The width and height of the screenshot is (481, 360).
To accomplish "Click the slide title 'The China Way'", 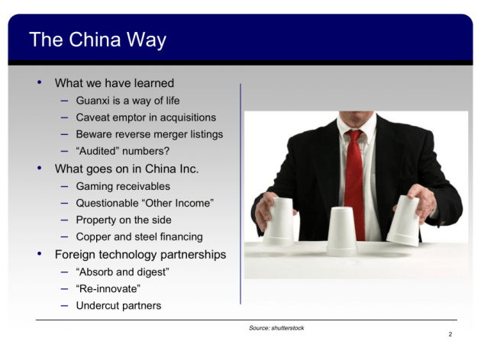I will (x=97, y=40).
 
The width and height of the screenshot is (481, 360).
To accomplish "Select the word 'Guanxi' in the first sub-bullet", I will (x=93, y=101).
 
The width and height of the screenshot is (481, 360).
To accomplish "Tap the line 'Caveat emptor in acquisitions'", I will (x=146, y=117).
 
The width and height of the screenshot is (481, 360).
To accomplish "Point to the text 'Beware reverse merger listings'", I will (x=149, y=134).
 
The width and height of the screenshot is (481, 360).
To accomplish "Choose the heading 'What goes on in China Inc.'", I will (x=127, y=169).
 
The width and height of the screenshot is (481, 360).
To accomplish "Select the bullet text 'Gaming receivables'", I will (x=123, y=186).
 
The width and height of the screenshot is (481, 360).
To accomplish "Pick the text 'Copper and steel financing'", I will (x=139, y=236).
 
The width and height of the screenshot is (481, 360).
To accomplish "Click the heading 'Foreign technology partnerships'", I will (x=140, y=254).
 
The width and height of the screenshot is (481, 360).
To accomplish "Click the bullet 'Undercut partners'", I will (x=118, y=306).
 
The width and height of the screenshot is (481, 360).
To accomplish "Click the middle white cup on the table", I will (x=341, y=231).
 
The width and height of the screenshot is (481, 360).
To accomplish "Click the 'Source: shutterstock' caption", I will (x=276, y=327).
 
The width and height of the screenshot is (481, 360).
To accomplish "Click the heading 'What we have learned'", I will (x=115, y=83).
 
